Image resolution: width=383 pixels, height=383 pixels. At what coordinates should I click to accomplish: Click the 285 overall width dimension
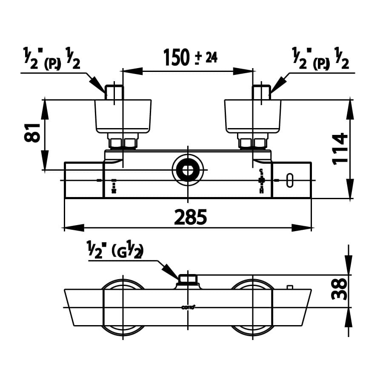(190, 217)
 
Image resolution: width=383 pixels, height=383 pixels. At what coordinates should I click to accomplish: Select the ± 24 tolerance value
(206, 57)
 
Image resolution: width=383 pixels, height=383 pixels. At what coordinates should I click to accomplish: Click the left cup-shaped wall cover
(123, 116)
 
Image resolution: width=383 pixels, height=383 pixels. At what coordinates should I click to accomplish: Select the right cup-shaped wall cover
(253, 116)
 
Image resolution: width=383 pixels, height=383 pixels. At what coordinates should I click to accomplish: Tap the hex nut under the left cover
(123, 143)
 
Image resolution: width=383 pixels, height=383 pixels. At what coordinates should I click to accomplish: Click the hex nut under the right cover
(253, 143)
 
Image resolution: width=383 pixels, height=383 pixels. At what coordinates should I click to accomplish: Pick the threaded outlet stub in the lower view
(187, 280)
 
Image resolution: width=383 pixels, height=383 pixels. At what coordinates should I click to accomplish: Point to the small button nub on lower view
(290, 287)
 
